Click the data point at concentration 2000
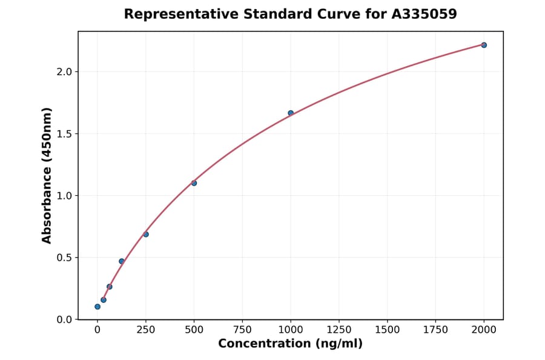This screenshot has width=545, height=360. [x=484, y=45]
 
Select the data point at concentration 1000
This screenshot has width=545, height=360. [x=291, y=113]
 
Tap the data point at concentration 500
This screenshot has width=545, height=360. [x=194, y=183]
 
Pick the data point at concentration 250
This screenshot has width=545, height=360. [x=146, y=234]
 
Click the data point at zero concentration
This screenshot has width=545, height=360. [x=97, y=307]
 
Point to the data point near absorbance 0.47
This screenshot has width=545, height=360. [x=122, y=261]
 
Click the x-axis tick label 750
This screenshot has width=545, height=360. [x=242, y=330]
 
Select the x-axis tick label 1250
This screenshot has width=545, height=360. [x=339, y=330]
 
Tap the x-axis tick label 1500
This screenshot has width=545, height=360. [x=387, y=330]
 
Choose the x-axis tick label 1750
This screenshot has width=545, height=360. [x=435, y=330]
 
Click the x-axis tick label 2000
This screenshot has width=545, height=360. [x=484, y=330]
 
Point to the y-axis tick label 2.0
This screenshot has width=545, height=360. [x=64, y=72]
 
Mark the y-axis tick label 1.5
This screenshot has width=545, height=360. [x=64, y=134]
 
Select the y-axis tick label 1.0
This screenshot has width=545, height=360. [x=64, y=196]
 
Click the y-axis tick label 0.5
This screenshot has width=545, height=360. [x=64, y=258]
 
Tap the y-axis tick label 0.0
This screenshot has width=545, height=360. [x=64, y=319]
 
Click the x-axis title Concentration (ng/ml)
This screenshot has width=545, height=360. [x=290, y=344]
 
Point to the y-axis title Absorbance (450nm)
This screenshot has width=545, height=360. [x=47, y=175]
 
